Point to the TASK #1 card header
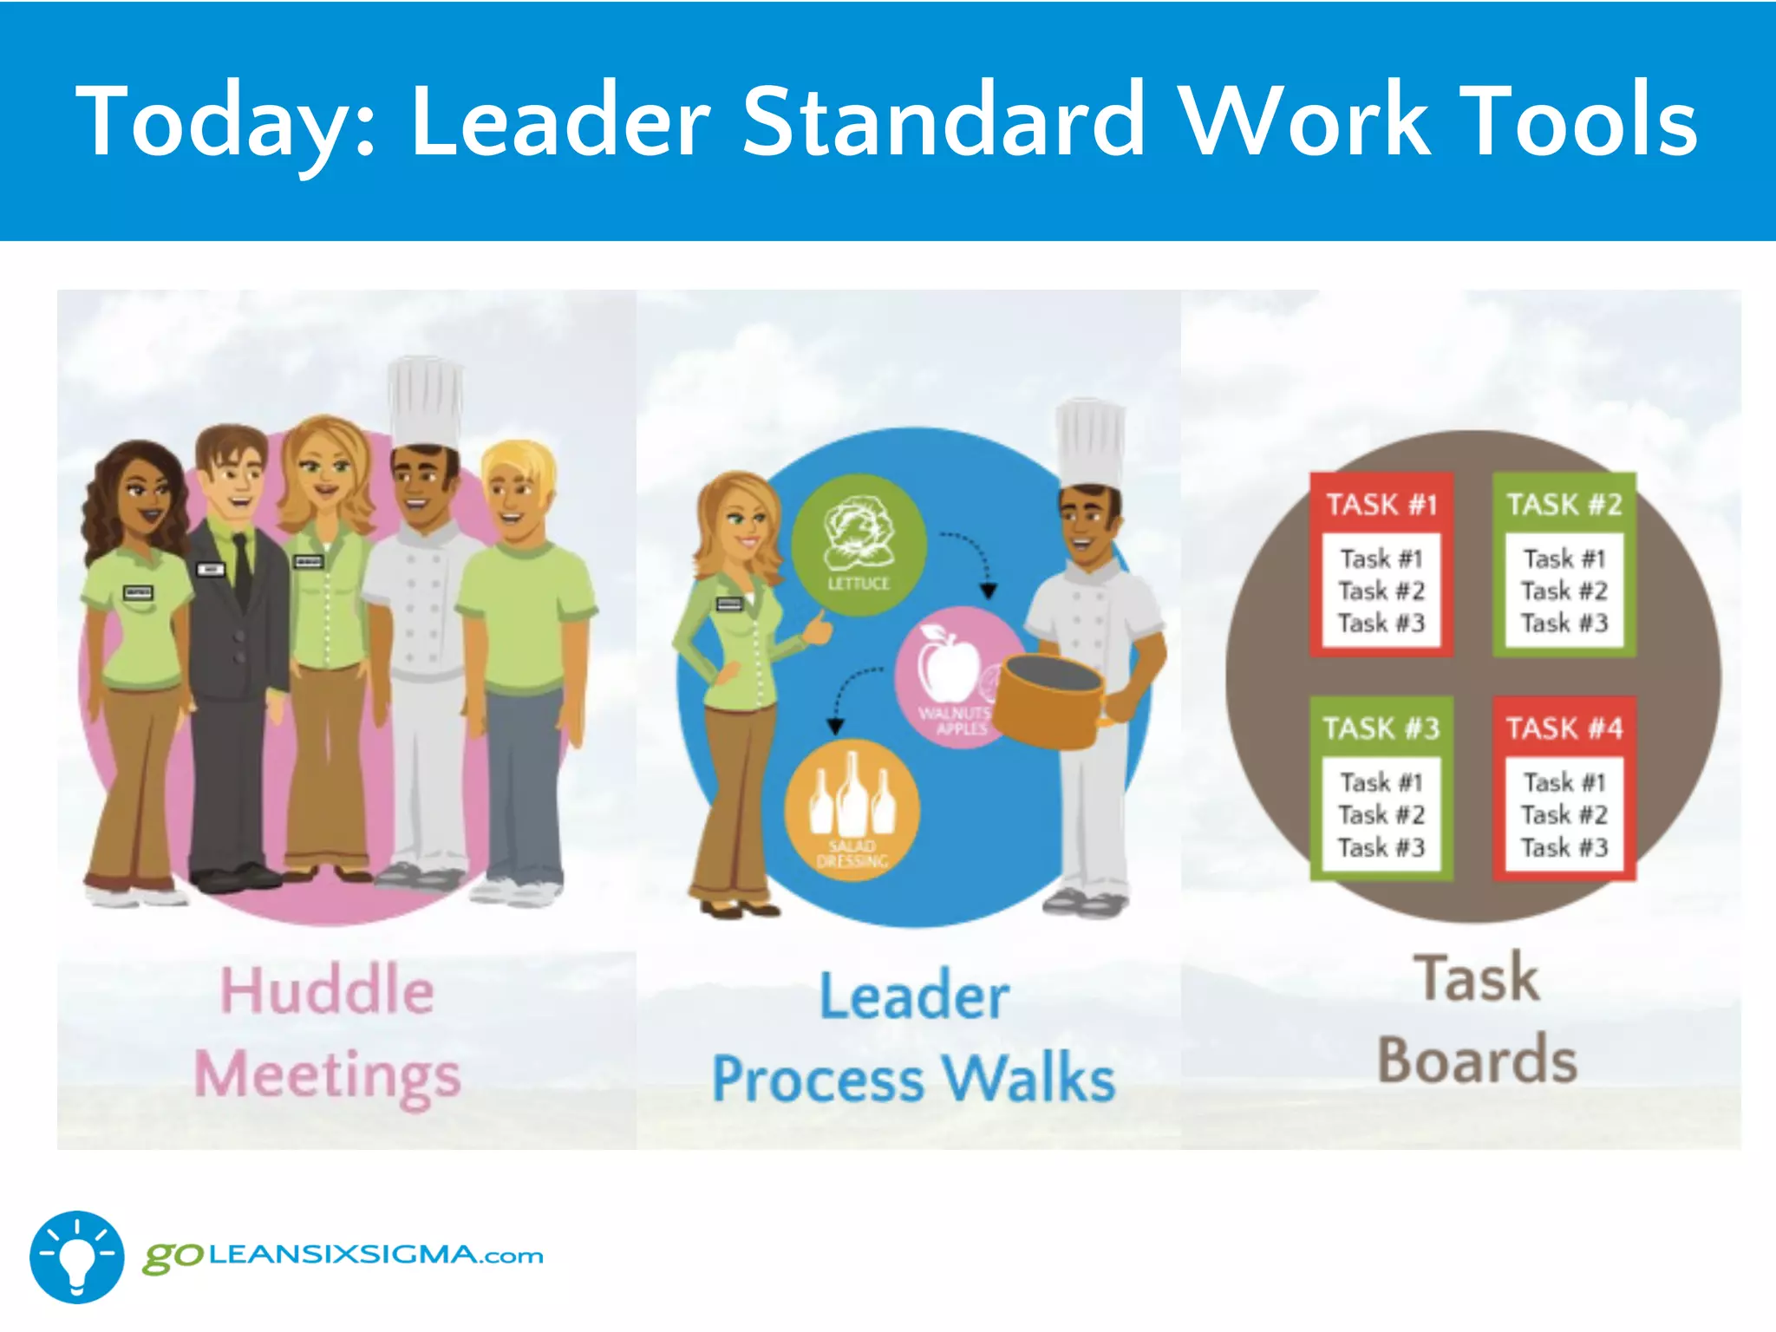tap(1381, 504)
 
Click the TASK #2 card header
tap(1564, 504)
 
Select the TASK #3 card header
tap(1381, 728)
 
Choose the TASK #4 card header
tap(1564, 728)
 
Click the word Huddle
tap(327, 990)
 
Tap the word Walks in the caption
tap(1028, 1079)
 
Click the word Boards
tap(1477, 1060)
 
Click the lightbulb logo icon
tap(76, 1257)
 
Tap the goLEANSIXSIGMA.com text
tap(343, 1256)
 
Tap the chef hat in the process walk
tap(1090, 442)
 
